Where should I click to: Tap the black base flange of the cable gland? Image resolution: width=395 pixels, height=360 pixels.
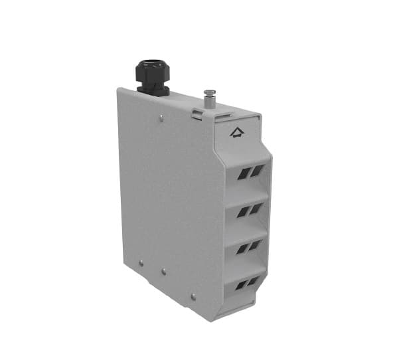(153, 90)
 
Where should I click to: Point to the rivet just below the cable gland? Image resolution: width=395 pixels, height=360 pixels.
(163, 120)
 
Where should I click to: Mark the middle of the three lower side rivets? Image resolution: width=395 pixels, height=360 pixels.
(164, 272)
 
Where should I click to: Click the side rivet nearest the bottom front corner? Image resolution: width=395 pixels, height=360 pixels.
(193, 296)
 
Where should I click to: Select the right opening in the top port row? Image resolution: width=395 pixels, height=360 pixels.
(256, 171)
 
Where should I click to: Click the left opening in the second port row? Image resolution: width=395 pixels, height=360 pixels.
(242, 213)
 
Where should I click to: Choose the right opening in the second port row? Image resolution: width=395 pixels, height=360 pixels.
(256, 209)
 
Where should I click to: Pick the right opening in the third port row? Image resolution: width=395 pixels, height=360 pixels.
(256, 246)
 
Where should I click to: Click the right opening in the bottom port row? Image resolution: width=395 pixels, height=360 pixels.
(256, 282)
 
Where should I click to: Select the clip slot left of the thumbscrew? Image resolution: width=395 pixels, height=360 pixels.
(197, 113)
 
